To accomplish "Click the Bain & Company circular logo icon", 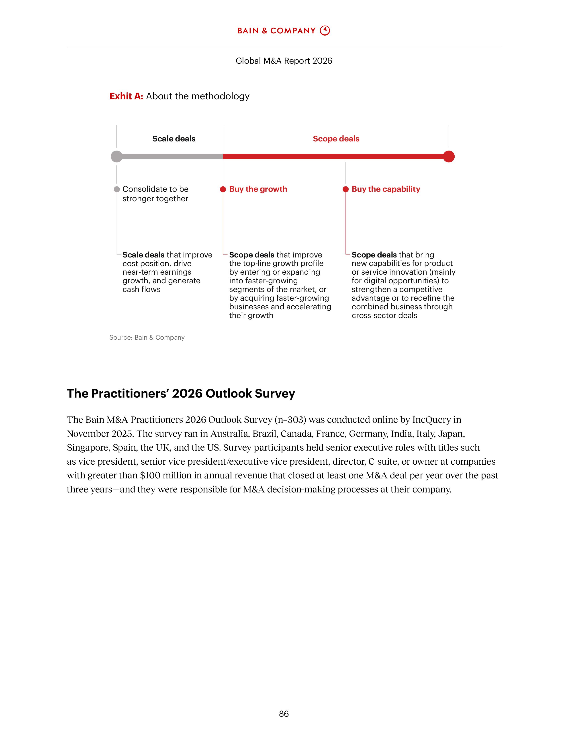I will coord(325,31).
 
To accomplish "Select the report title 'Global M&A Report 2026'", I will coord(284,61).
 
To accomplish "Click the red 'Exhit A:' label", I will coord(126,96).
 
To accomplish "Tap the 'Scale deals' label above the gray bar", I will coord(174,139).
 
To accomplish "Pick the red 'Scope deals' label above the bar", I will coord(336,139).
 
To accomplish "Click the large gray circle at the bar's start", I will coord(116,157).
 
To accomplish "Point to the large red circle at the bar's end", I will coord(449,157).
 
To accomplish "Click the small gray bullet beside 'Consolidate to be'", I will coord(117,189).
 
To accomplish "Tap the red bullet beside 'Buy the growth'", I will coord(223,189).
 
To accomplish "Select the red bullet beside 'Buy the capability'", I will coord(345,189).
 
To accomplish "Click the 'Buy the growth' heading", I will coord(258,189).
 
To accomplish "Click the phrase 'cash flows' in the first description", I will coord(141,289).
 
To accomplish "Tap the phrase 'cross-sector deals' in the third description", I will coord(384,315).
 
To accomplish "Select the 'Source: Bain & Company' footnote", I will coord(147,338).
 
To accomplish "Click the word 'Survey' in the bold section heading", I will coord(275,393).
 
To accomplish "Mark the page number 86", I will coord(284,714).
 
